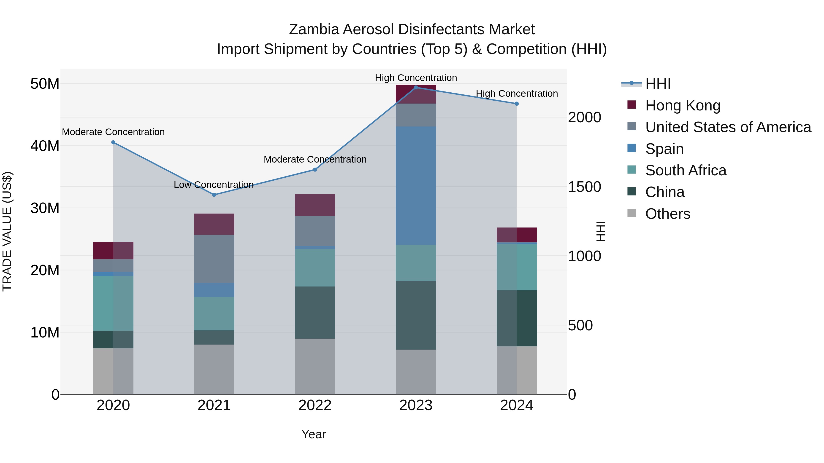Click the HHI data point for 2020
[x=113, y=142]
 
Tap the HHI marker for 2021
[x=214, y=195]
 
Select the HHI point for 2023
[x=416, y=88]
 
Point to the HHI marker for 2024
[x=517, y=104]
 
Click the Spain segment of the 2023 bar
[x=416, y=185]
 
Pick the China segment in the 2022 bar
[x=315, y=313]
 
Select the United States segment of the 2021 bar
[x=214, y=259]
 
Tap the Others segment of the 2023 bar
[x=416, y=372]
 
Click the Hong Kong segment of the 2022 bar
[x=315, y=205]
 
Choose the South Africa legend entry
[x=686, y=170]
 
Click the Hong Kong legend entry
[x=683, y=105]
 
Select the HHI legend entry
[x=658, y=84]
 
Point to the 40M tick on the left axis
[x=45, y=146]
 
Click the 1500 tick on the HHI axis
[x=584, y=187]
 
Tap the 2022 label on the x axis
[x=315, y=405]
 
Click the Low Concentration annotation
[x=214, y=185]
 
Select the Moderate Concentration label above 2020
[x=113, y=132]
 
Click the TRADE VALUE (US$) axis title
[x=7, y=231]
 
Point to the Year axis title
[x=314, y=434]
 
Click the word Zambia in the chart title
[x=314, y=29]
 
